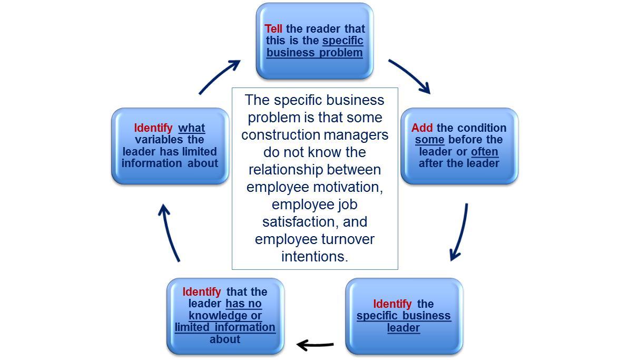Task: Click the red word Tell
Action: (273, 29)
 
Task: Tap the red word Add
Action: (422, 128)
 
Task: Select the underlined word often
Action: (484, 152)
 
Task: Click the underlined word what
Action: (192, 128)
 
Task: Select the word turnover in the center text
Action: (346, 239)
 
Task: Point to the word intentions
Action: (314, 257)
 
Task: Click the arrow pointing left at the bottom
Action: (315, 345)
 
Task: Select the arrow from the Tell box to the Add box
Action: (409, 76)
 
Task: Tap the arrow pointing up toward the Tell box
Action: (220, 77)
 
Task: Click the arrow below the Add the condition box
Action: (460, 232)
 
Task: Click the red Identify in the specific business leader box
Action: (392, 304)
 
